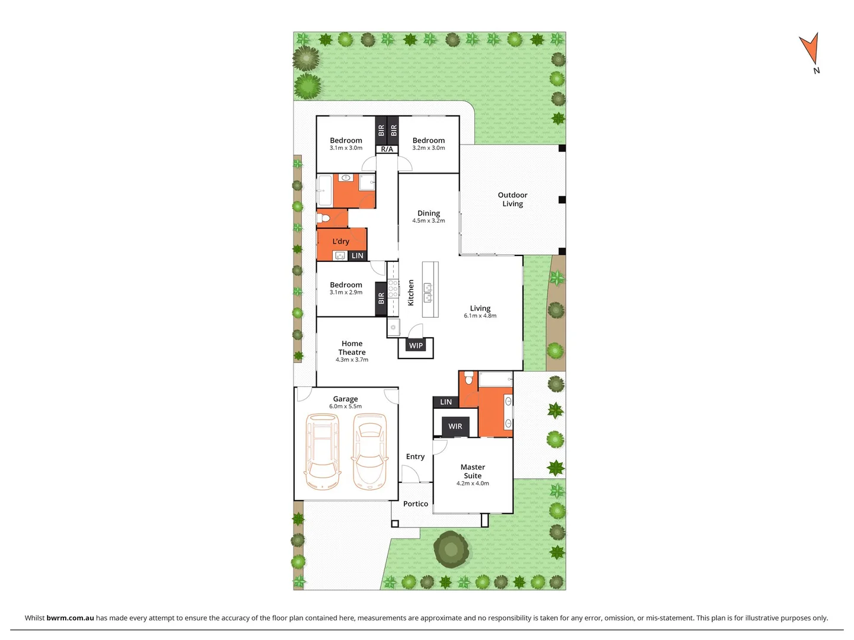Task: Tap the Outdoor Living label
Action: tap(512, 199)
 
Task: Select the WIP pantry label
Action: tap(416, 345)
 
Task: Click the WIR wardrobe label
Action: tap(455, 426)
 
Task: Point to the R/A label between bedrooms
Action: tap(387, 149)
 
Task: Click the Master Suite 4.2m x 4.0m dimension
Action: tap(473, 484)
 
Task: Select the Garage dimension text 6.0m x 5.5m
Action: tap(345, 407)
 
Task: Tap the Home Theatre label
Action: tap(352, 348)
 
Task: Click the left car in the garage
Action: tap(322, 452)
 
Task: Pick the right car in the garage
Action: tap(369, 452)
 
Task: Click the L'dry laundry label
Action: tap(340, 241)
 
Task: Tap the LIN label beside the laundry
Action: tap(357, 256)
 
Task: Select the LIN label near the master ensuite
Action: tap(445, 402)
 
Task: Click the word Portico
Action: tap(415, 504)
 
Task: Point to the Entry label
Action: tap(415, 456)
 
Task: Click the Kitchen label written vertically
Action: tap(410, 293)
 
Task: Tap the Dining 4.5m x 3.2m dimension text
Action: tap(428, 221)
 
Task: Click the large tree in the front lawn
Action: tap(451, 549)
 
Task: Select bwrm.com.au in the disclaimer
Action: tap(70, 617)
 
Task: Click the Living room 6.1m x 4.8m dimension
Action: tap(480, 316)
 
